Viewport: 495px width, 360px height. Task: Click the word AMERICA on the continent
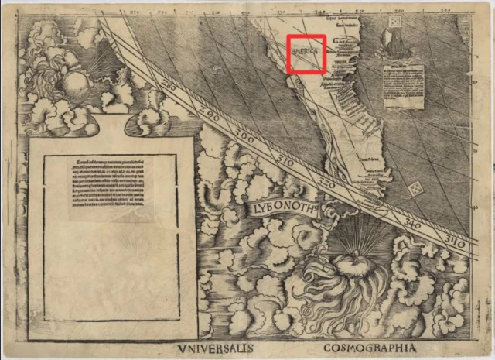[307, 52]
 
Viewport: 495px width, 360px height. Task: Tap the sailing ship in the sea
[394, 47]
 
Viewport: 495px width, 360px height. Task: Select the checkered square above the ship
[393, 23]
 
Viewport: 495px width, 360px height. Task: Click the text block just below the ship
[405, 85]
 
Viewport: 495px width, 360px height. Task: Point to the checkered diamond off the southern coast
[417, 187]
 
